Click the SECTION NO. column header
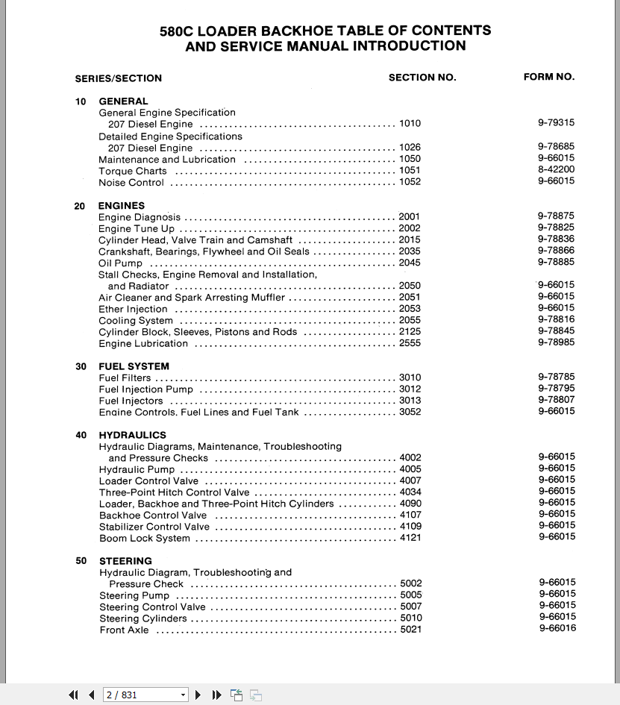click(x=422, y=78)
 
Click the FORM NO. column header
click(x=549, y=77)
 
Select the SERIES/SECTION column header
click(x=118, y=78)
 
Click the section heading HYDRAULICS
click(x=132, y=435)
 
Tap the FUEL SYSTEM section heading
click(x=134, y=366)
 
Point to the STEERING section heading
click(x=125, y=561)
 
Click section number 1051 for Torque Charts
click(x=410, y=170)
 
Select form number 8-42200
click(x=556, y=169)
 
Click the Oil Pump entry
click(x=120, y=263)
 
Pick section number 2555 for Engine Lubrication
click(x=410, y=343)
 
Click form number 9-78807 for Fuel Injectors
click(x=556, y=400)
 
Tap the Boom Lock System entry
click(x=145, y=539)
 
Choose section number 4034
click(x=410, y=492)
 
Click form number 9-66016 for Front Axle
click(x=557, y=628)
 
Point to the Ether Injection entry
click(x=133, y=309)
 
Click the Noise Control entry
click(x=131, y=183)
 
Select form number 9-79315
click(x=556, y=123)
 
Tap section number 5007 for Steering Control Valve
click(x=410, y=607)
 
